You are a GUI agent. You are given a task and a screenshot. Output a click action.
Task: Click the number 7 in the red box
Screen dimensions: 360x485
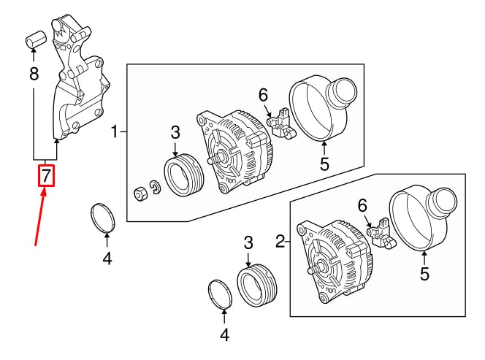(x=46, y=176)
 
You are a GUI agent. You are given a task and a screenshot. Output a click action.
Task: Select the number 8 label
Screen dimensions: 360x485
(x=34, y=73)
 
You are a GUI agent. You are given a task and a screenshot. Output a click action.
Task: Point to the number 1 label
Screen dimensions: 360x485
(x=115, y=132)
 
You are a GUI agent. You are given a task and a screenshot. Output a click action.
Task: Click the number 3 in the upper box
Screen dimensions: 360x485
(x=175, y=132)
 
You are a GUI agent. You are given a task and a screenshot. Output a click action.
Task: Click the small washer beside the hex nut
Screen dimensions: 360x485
(x=154, y=188)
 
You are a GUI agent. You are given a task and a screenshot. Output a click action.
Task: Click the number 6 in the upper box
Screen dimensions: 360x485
(x=263, y=94)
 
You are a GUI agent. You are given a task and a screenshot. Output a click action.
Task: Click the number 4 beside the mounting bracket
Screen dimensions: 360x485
(x=107, y=258)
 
